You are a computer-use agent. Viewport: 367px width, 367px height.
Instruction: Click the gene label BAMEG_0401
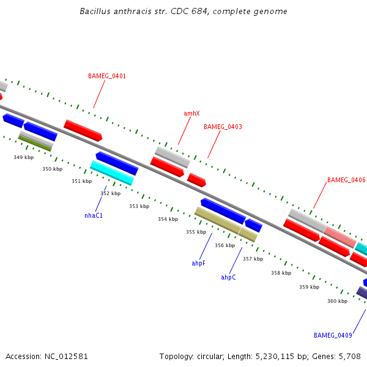(107, 76)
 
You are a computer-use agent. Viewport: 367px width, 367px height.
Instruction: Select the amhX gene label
(191, 113)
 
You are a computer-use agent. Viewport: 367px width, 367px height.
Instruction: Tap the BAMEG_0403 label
(223, 127)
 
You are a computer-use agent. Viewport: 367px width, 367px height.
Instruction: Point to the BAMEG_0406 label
(346, 180)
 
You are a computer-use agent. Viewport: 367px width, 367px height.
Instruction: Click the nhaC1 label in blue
(94, 215)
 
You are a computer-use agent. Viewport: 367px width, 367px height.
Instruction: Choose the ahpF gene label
(198, 263)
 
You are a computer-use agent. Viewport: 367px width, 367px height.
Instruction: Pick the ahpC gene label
(228, 277)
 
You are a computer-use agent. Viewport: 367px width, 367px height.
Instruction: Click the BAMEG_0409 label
(333, 335)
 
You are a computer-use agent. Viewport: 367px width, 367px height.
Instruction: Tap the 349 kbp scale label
(23, 158)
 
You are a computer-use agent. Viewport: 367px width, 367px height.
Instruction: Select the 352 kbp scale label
(110, 193)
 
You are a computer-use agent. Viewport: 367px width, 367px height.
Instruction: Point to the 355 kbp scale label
(196, 232)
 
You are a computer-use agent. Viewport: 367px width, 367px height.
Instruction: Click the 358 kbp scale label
(281, 273)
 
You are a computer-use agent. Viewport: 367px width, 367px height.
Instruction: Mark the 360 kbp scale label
(337, 301)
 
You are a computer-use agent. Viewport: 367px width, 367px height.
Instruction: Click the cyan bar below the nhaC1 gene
(111, 172)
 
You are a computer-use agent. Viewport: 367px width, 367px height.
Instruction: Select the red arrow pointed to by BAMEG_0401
(83, 130)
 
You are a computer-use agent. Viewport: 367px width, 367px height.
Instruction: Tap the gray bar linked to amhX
(172, 157)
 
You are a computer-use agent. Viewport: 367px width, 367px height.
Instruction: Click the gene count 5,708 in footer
(349, 356)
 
